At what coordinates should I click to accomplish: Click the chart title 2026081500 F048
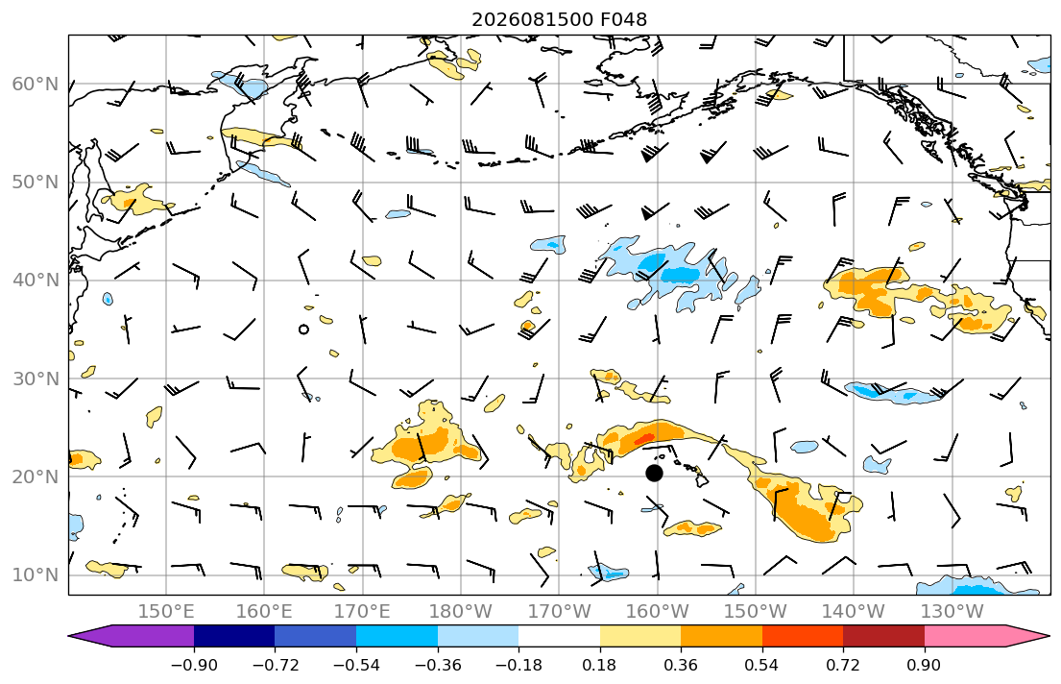click(x=559, y=19)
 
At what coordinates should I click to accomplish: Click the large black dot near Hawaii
click(x=654, y=474)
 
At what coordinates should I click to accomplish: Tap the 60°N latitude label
click(x=36, y=84)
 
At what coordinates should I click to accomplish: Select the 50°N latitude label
click(x=36, y=183)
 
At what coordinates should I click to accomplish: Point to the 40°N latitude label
click(x=36, y=281)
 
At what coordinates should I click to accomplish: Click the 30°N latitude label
click(x=36, y=379)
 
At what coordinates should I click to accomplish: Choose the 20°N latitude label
click(x=36, y=476)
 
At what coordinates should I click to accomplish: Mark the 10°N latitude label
click(x=36, y=575)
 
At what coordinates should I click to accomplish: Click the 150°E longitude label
click(x=166, y=612)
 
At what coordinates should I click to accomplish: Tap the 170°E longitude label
click(x=362, y=612)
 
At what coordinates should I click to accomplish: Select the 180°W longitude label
click(x=461, y=612)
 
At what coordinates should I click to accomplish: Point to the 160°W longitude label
click(x=657, y=612)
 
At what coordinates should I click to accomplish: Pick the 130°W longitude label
click(x=952, y=612)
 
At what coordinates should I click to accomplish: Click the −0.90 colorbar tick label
click(x=194, y=665)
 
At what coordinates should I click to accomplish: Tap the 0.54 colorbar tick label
click(x=762, y=665)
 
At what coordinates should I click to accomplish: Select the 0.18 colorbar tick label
click(x=599, y=665)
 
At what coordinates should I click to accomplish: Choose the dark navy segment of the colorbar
click(x=234, y=636)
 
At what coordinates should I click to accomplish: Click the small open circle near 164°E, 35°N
click(x=303, y=330)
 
